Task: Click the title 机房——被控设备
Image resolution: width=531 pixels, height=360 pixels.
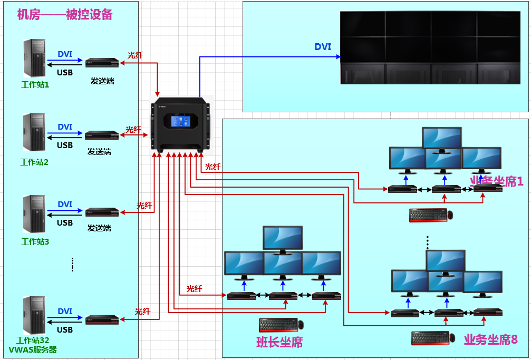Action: pos(65,14)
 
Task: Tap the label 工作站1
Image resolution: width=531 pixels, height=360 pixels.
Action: pos(35,84)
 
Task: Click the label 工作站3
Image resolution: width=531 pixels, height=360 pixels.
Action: pos(35,241)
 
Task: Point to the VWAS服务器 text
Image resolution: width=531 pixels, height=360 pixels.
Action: pos(33,349)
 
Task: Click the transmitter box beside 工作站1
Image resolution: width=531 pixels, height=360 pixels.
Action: pos(102,63)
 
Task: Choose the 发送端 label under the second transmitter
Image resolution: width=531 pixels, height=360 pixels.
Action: pos(99,152)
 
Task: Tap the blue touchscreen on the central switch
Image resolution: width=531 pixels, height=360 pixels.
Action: pos(180,122)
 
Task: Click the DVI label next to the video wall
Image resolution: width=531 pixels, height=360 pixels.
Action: pos(323,47)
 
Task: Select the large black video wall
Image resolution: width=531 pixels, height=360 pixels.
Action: pos(430,47)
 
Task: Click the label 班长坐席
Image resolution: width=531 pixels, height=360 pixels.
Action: pos(279,342)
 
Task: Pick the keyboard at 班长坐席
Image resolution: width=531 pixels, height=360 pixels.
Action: pos(277,325)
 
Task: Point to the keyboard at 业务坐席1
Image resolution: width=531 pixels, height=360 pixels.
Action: pos(427,215)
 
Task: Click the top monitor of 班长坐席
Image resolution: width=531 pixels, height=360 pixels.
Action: pos(283,238)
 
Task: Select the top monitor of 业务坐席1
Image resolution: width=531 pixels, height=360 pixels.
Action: pos(442,138)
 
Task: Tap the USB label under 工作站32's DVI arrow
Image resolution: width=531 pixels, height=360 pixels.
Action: pos(65,330)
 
